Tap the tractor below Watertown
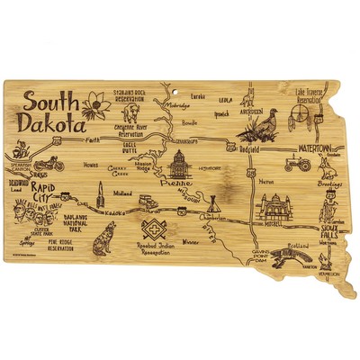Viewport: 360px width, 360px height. coord(298,164)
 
